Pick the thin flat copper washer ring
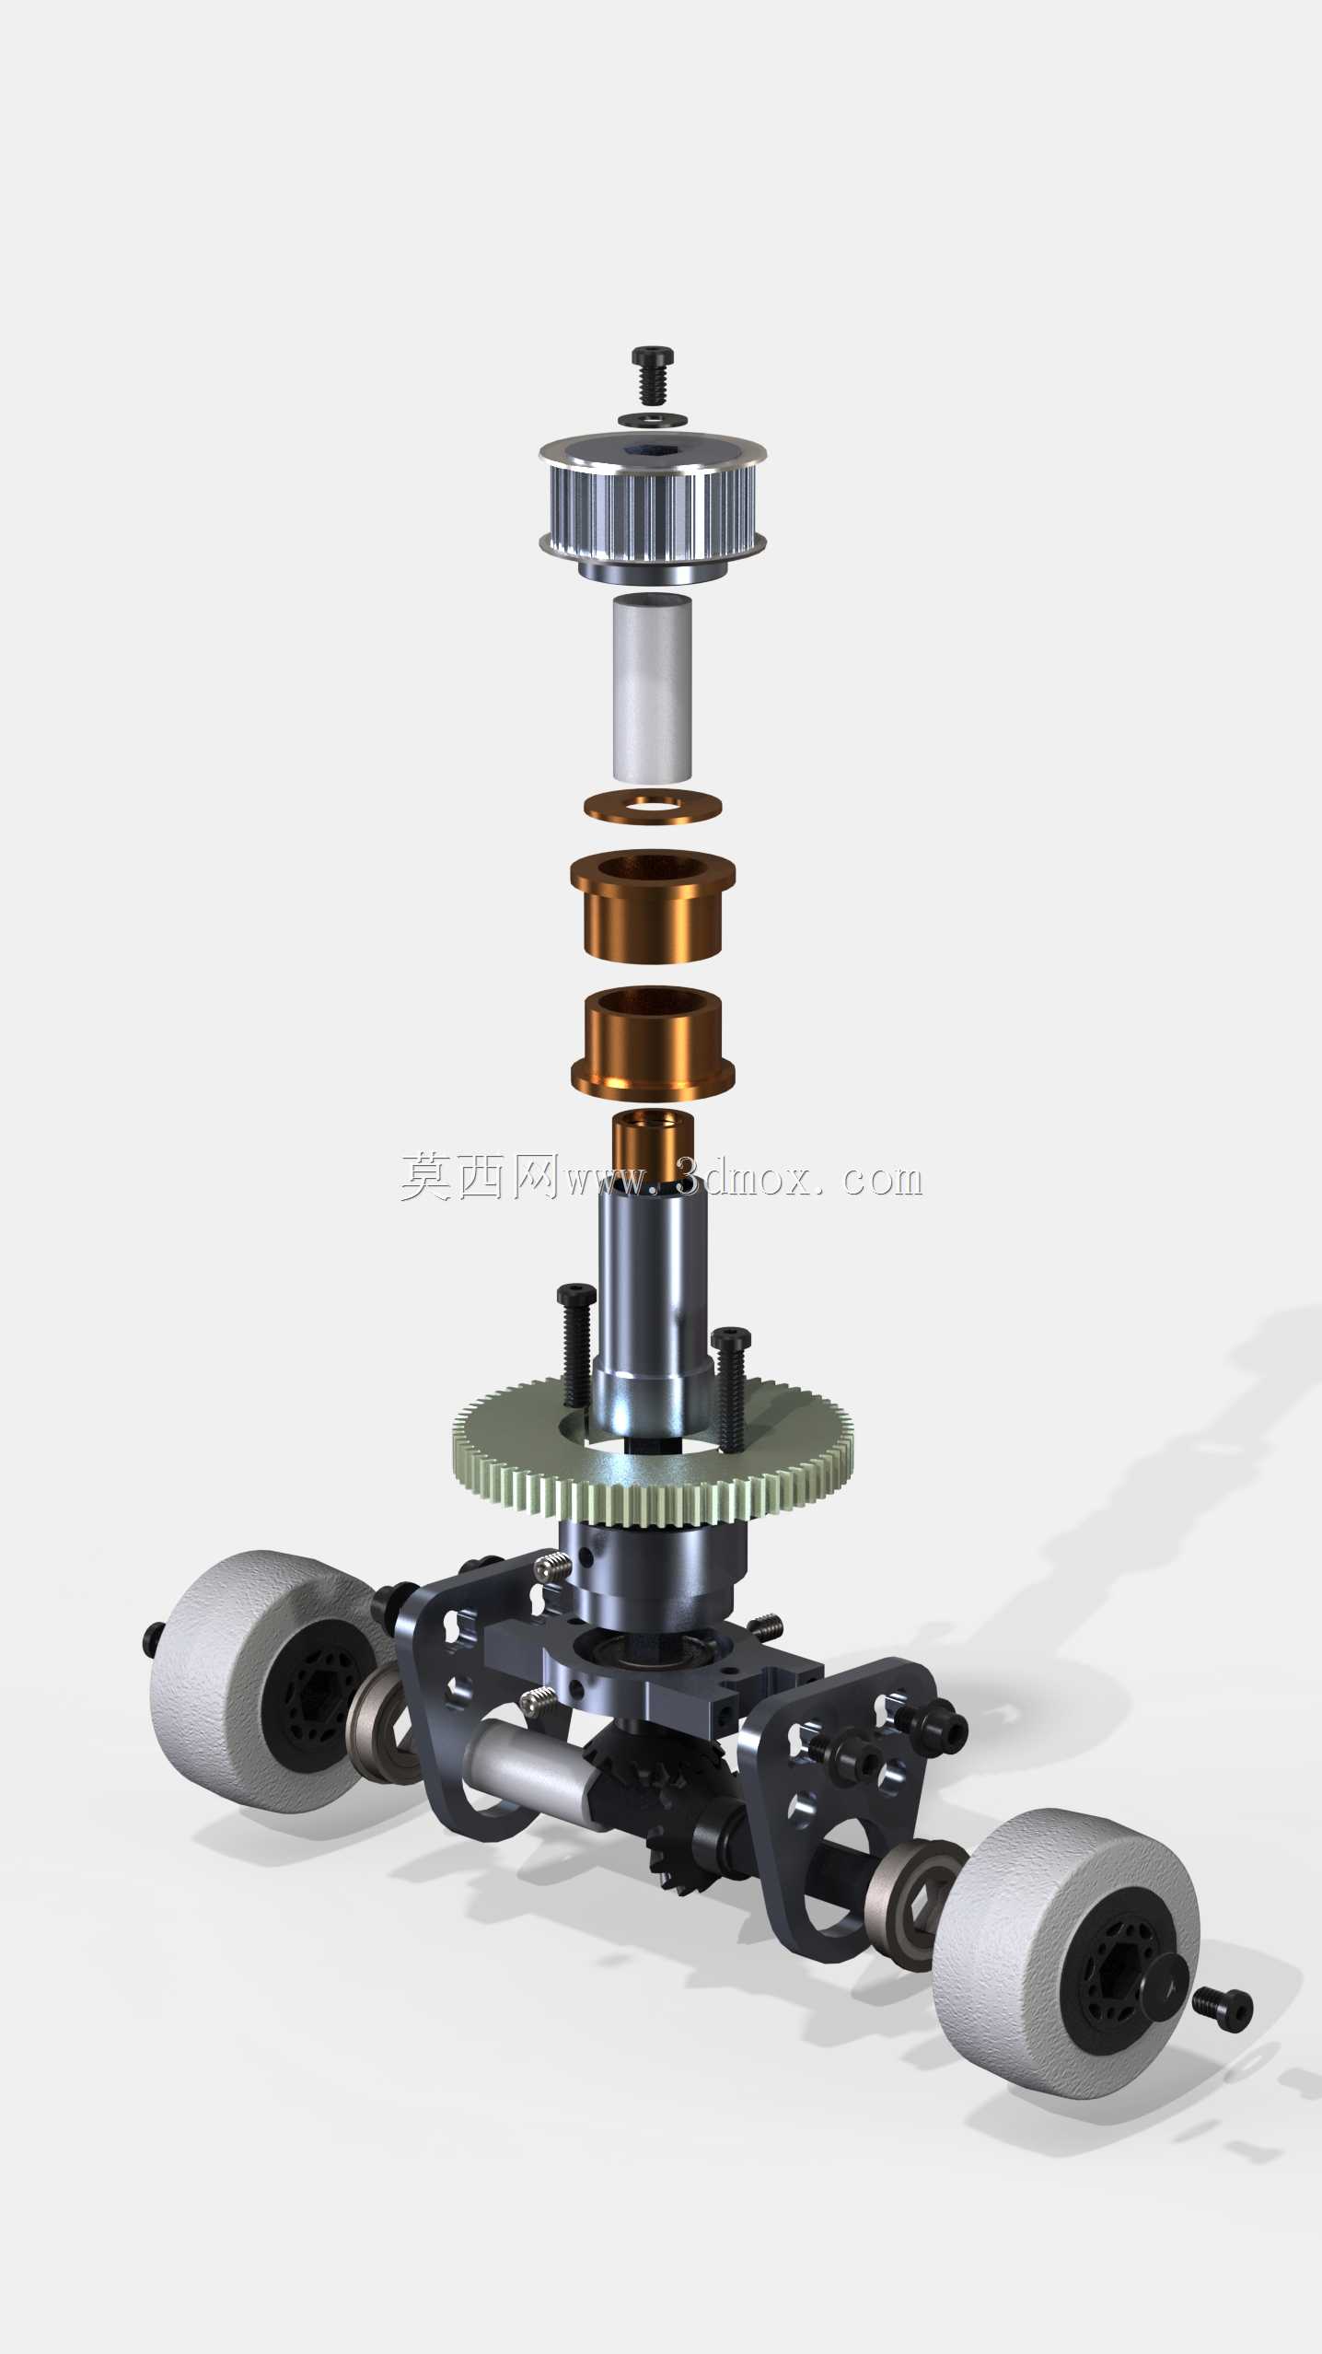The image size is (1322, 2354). click(x=653, y=806)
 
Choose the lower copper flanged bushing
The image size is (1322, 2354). click(x=653, y=1043)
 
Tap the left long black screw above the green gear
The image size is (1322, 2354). click(x=576, y=1345)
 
